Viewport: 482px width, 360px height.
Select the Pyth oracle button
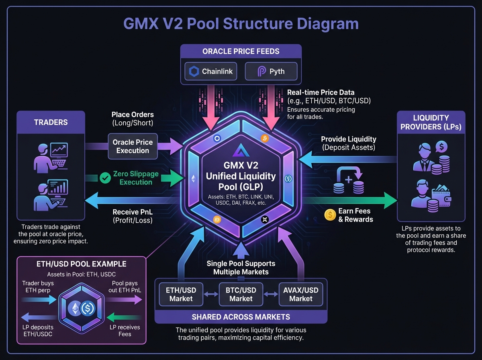(x=271, y=72)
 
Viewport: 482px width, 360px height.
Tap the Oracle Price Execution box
(x=133, y=147)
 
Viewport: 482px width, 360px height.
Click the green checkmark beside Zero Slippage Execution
(x=105, y=178)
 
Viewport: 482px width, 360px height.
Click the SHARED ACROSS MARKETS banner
(x=241, y=317)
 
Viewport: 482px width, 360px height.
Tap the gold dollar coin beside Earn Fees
(x=330, y=215)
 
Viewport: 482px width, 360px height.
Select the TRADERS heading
(x=51, y=122)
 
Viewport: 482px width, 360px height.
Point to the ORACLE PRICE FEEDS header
(x=241, y=51)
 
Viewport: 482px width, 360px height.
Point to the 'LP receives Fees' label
(x=125, y=330)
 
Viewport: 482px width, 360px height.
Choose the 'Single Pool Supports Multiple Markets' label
(x=241, y=268)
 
